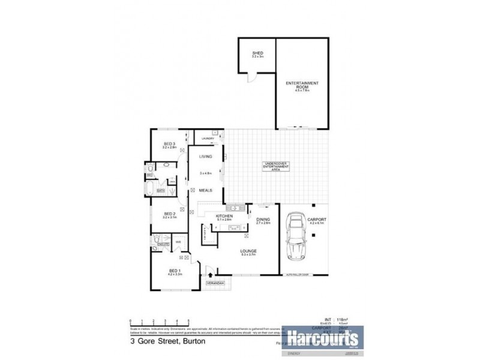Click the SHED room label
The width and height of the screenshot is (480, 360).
(x=257, y=53)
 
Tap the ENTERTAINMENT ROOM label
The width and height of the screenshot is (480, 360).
(x=302, y=84)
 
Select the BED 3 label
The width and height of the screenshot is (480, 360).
(x=169, y=144)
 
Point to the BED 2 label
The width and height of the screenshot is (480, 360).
(x=169, y=214)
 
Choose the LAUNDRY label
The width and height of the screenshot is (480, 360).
(x=209, y=139)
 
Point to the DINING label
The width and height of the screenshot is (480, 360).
(x=263, y=220)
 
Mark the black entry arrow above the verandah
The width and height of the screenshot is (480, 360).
(x=210, y=274)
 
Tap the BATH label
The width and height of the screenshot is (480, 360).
(x=161, y=191)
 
